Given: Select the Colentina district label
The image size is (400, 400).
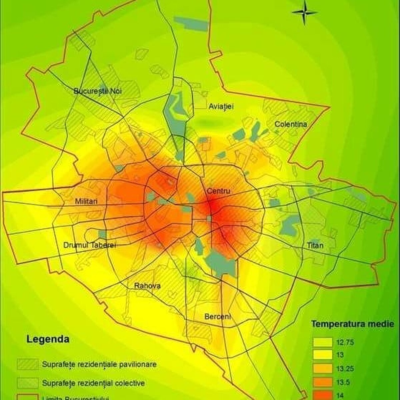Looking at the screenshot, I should [290, 124].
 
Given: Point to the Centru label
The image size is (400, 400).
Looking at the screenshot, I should [219, 191].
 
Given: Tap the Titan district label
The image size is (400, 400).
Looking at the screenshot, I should [315, 245].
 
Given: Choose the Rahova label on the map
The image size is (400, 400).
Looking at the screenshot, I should [147, 286].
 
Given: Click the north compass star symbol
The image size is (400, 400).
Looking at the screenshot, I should [305, 12].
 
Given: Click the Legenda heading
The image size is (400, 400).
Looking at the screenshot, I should [48, 340].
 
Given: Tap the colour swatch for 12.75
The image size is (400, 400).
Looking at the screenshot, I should [322, 342].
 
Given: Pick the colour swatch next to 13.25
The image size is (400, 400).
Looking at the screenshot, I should [322, 368].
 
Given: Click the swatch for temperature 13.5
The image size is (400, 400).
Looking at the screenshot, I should [322, 382].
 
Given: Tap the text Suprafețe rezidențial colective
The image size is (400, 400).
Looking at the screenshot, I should [94, 383].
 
